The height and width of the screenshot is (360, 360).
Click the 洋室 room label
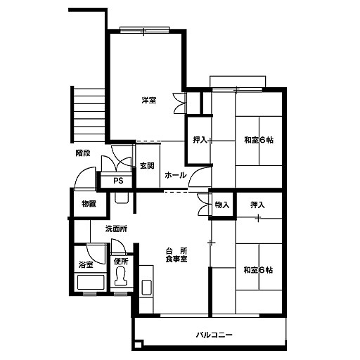pyautogui.click(x=149, y=101)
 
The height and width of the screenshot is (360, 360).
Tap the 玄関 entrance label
pyautogui.click(x=147, y=166)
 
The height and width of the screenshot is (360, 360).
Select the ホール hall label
pyautogui.click(x=176, y=175)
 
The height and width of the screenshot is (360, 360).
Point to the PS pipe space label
pyautogui.click(x=118, y=181)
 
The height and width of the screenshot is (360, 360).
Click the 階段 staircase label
pyautogui.click(x=83, y=153)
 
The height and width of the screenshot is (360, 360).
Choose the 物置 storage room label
pyautogui.click(x=89, y=204)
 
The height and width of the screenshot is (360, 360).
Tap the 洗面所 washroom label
pyautogui.click(x=116, y=229)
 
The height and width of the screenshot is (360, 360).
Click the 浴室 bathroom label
pyautogui.click(x=86, y=265)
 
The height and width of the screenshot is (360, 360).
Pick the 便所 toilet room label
pyautogui.click(x=121, y=262)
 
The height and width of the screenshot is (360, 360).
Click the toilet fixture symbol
pyautogui.click(x=121, y=276)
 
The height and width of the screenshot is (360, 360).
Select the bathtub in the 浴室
pyautogui.click(x=91, y=283)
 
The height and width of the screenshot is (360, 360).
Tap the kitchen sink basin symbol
pyautogui.click(x=147, y=288)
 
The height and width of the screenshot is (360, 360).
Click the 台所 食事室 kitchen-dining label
pyautogui.click(x=176, y=255)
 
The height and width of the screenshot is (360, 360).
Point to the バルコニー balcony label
pyautogui.click(x=214, y=335)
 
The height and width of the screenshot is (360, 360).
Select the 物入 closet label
pyautogui.click(x=222, y=205)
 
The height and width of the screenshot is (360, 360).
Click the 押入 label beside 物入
pyautogui.click(x=257, y=205)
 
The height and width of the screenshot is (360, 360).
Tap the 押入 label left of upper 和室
pyautogui.click(x=200, y=140)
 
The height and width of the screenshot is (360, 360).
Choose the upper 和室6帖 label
pyautogui.click(x=259, y=140)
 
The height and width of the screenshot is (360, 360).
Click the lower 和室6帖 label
pyautogui.click(x=258, y=270)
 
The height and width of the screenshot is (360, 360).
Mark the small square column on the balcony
pyautogui.click(x=139, y=345)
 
